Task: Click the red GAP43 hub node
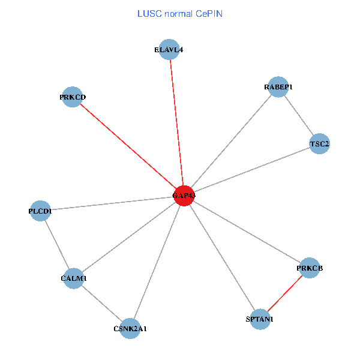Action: coord(184,196)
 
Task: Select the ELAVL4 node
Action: coord(169,50)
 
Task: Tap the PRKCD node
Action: coord(72,97)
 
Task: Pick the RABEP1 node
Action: coord(278,87)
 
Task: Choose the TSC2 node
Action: coord(319,144)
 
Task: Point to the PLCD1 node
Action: coord(40,211)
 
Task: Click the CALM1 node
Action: coord(73,278)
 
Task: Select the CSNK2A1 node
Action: coord(130,329)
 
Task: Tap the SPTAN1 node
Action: coord(259,320)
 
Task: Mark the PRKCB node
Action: coord(310,268)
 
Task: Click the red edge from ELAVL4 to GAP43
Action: coord(176,120)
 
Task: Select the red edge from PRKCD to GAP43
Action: coord(128,146)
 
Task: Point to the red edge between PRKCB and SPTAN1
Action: coord(284,294)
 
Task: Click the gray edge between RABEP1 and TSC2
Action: coord(298,115)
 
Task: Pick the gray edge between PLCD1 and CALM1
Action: coord(56,245)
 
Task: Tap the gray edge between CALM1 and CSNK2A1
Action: coord(101,304)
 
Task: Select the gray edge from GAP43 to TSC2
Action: coord(252,170)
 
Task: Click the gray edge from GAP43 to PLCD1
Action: coord(112,203)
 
